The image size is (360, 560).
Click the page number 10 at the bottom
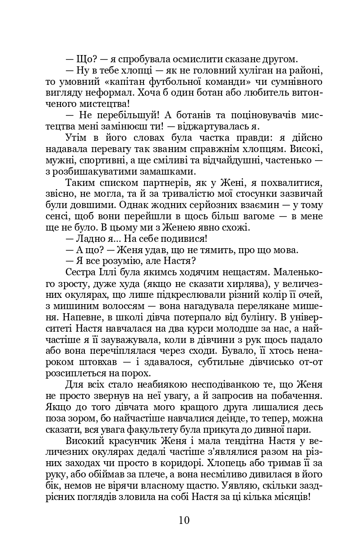(x=184, y=520)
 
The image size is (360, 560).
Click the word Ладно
(x=89, y=238)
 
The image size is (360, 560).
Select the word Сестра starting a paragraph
(x=81, y=272)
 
